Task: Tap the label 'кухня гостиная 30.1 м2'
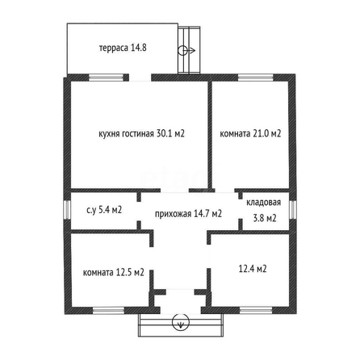click(141, 134)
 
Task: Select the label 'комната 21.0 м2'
click(250, 134)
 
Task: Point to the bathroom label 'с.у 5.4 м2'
click(104, 210)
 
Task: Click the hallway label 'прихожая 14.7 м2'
click(188, 214)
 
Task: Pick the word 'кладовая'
click(264, 203)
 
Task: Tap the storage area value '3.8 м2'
click(265, 218)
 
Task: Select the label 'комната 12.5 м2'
click(114, 273)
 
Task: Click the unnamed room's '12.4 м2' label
click(253, 269)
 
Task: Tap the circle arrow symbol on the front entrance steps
click(181, 322)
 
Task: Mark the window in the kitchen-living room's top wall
click(106, 77)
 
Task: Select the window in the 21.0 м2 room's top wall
click(255, 77)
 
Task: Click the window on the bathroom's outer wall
click(67, 210)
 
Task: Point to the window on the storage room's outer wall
click(293, 209)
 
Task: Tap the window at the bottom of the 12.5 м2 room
click(109, 311)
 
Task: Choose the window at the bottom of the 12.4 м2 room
click(256, 311)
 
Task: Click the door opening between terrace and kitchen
click(140, 77)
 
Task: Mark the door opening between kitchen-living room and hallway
click(175, 190)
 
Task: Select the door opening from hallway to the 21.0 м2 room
click(224, 190)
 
